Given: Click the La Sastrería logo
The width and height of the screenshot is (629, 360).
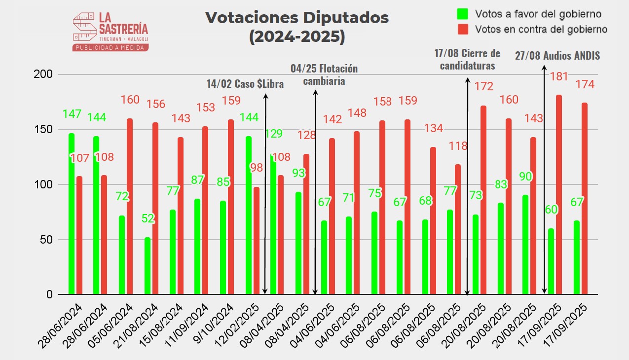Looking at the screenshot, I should coord(111,31).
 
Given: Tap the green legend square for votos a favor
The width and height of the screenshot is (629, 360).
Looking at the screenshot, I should coord(462,13).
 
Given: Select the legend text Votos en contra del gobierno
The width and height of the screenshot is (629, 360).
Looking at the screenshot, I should coord(541,30).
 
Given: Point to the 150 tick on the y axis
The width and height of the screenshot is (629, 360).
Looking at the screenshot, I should coord(46,130).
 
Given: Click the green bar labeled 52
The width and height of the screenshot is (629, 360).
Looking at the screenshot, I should coord(148,266).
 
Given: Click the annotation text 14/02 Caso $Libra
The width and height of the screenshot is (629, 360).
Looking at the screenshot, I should coord(245,84).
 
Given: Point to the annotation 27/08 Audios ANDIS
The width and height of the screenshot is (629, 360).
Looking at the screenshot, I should coord(557,56).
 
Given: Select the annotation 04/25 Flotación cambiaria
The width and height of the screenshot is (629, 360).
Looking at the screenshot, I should coord(324,74).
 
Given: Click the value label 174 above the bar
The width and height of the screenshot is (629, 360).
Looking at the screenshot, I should coord(585,85).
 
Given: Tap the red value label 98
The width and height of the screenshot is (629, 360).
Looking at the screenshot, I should coord(256,167).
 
